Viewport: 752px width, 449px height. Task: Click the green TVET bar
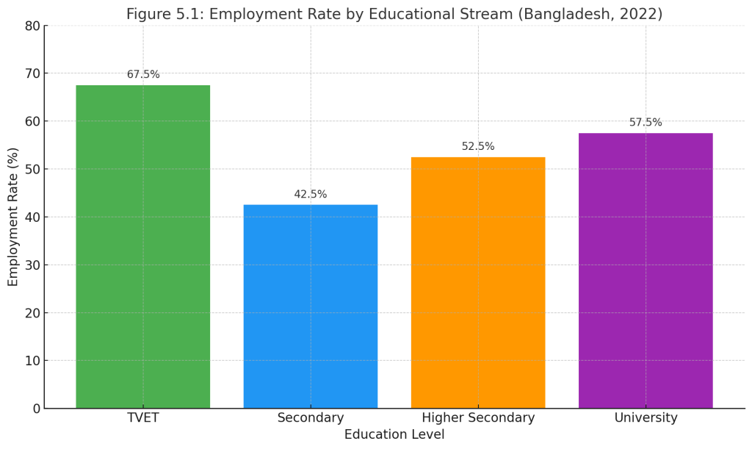(142, 246)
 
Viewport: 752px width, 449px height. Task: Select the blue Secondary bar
(310, 306)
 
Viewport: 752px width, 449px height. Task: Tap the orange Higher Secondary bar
(478, 282)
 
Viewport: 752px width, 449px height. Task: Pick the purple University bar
(646, 270)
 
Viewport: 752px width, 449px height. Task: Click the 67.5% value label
(143, 74)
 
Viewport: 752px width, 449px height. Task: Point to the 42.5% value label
(311, 194)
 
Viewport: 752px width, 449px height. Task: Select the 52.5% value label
(478, 146)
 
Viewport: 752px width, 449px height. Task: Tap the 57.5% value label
(646, 123)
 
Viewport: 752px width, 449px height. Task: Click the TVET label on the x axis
(143, 418)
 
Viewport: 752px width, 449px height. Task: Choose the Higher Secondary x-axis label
(478, 418)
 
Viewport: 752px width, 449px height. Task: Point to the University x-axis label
(646, 418)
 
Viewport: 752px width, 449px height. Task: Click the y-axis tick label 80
(32, 26)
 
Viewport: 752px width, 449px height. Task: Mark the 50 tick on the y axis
(32, 169)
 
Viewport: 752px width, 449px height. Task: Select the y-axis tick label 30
(32, 265)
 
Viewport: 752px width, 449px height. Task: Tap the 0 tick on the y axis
(36, 409)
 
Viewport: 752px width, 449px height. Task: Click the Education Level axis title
(394, 435)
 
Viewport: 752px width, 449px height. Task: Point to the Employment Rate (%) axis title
(13, 217)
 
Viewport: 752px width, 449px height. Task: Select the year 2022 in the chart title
(642, 15)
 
